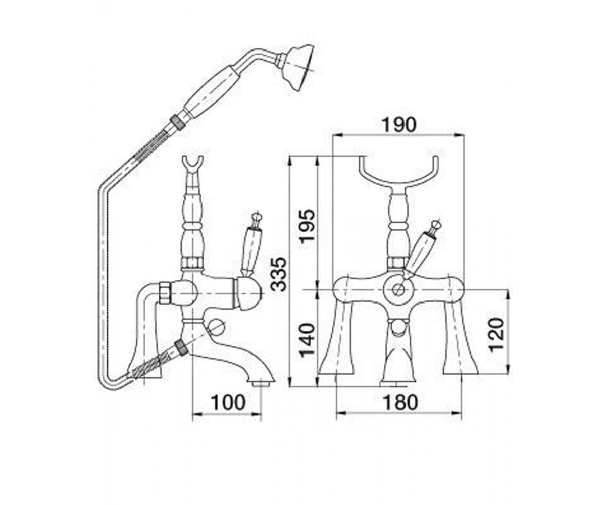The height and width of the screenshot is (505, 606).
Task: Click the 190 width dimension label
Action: click(399, 125)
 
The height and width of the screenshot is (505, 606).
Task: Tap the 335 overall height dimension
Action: click(279, 274)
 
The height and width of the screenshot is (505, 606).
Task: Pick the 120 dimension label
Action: click(496, 335)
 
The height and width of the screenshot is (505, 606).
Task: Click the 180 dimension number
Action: click(400, 402)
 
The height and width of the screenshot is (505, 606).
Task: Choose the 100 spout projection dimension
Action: click(228, 402)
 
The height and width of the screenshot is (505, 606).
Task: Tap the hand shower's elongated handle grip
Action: click(212, 93)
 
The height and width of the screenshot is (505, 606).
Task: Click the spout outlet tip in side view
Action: click(262, 384)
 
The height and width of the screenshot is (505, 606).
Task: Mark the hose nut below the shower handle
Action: click(178, 120)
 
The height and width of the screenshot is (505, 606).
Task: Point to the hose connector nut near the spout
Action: click(181, 348)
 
